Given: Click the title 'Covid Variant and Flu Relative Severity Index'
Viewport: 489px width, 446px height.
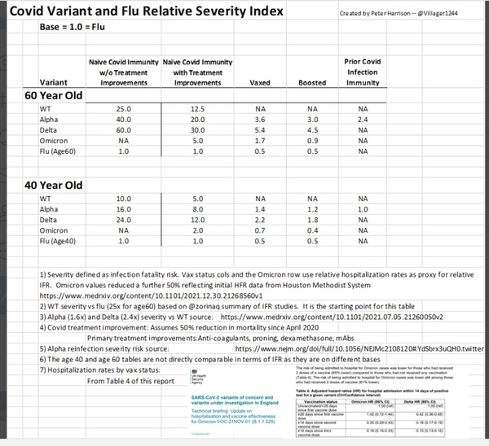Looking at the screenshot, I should click(147, 12).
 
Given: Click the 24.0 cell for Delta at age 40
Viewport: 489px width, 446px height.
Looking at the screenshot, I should click(123, 219).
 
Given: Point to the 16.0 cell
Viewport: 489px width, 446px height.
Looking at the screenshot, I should click(123, 208).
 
